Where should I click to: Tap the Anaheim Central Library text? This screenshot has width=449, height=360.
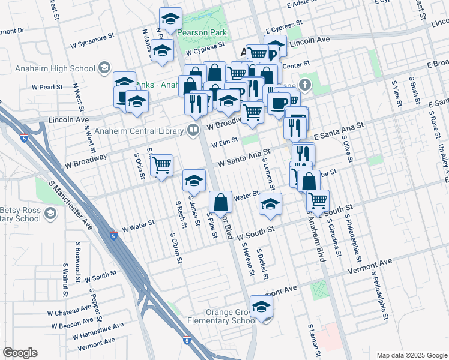[138, 129]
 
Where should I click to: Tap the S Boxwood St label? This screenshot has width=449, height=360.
[78, 257]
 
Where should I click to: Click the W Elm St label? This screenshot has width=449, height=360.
[223, 143]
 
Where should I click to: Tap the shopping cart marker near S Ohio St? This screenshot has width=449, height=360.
[161, 166]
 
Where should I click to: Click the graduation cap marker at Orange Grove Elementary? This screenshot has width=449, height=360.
[261, 307]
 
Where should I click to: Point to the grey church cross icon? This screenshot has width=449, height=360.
[306, 85]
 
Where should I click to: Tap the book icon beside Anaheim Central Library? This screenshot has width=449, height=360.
[193, 129]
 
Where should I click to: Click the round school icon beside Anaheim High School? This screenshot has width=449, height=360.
[105, 67]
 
